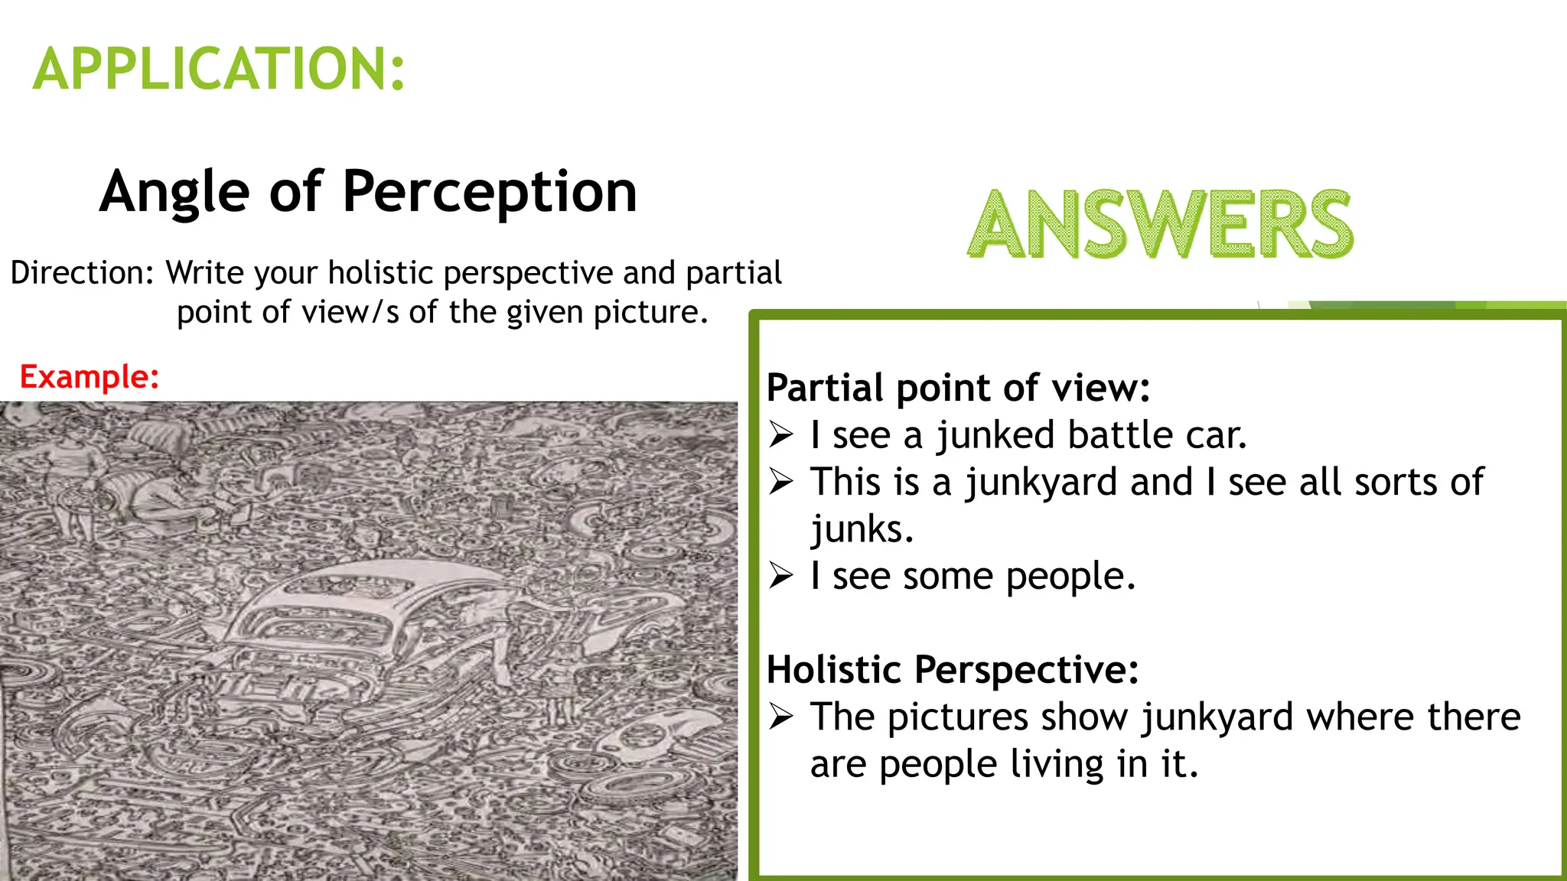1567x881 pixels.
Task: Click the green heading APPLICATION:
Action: pyautogui.click(x=219, y=69)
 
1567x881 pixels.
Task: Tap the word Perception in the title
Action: pyautogui.click(x=490, y=191)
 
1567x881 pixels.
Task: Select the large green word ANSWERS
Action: pyautogui.click(x=1160, y=225)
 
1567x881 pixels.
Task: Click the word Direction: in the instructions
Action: pyautogui.click(x=83, y=273)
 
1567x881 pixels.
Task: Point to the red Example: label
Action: pyautogui.click(x=89, y=377)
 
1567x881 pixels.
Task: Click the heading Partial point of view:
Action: pyautogui.click(x=958, y=388)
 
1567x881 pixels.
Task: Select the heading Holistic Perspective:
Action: pyautogui.click(x=953, y=670)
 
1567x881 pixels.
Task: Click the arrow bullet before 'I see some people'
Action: pyautogui.click(x=781, y=576)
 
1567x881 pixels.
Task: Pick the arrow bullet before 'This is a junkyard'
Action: pyautogui.click(x=781, y=482)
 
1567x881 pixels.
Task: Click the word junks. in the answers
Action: pyautogui.click(x=862, y=529)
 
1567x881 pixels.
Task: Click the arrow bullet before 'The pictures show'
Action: pyautogui.click(x=781, y=717)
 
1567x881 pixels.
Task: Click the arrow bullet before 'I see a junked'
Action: pyautogui.click(x=781, y=434)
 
